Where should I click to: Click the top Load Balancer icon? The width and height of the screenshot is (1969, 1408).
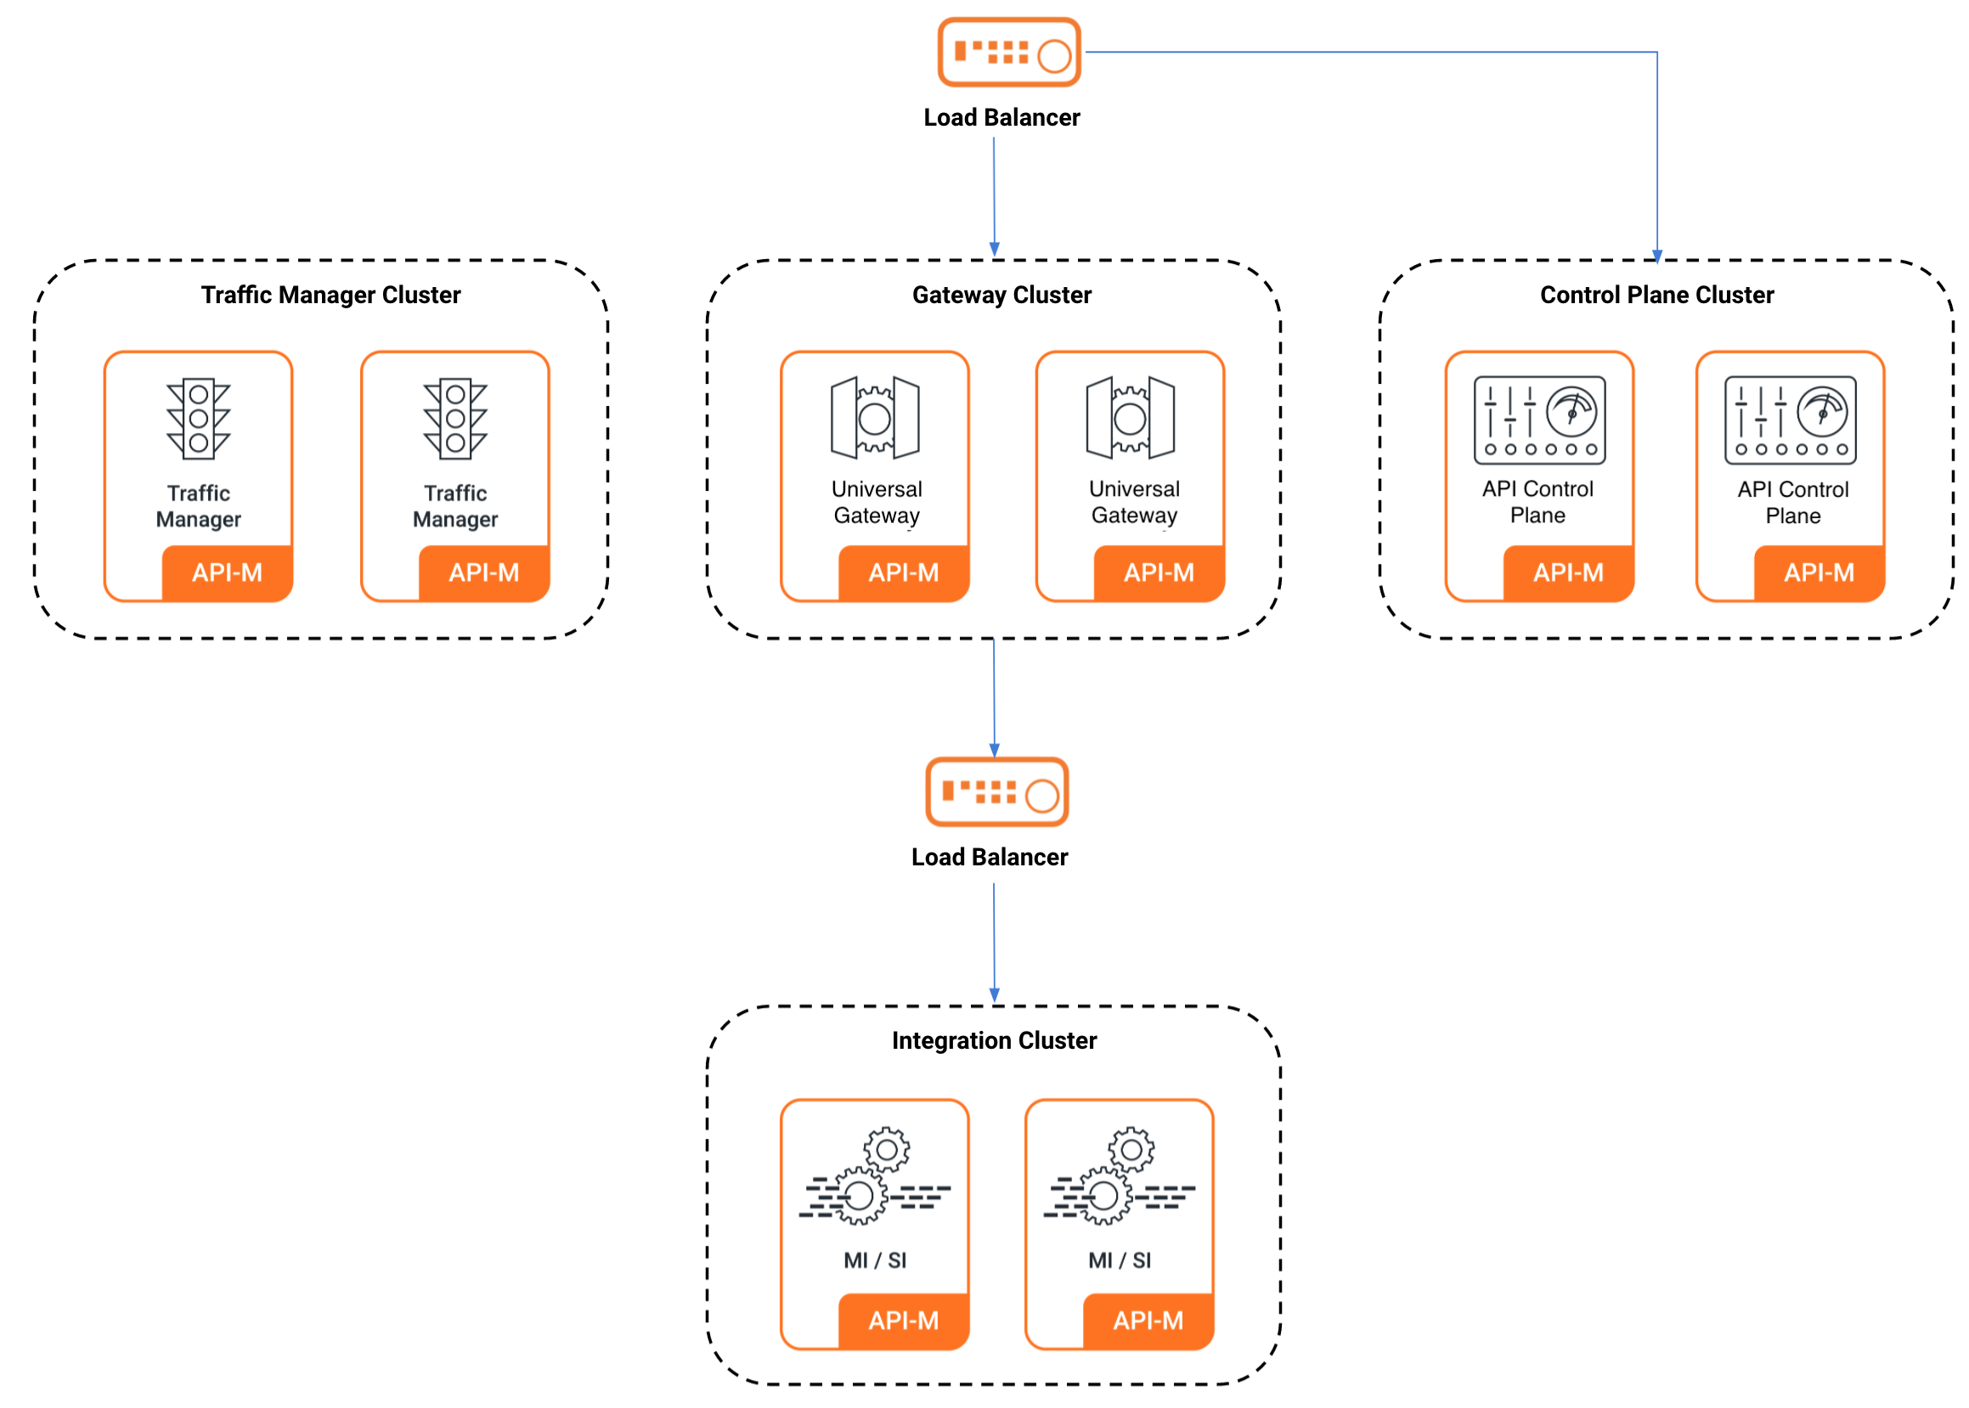tap(1008, 52)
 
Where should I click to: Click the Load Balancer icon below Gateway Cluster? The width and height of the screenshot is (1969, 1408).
tap(996, 791)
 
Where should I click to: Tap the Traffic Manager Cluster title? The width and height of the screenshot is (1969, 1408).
tap(330, 295)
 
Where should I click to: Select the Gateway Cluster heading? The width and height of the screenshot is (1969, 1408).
tap(1001, 295)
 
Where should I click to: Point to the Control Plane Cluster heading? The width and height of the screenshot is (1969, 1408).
tap(1656, 295)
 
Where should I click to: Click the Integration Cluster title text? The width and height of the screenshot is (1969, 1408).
tap(994, 1039)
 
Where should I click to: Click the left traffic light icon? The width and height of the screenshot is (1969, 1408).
tap(199, 418)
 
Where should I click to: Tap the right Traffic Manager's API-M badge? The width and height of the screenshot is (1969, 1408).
tap(484, 572)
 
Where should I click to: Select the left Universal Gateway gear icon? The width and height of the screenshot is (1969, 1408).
tap(874, 418)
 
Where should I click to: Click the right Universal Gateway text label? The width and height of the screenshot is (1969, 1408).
tap(1133, 502)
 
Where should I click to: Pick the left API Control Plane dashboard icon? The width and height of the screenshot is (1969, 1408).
tap(1539, 420)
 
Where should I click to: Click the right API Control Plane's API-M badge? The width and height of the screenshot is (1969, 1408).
tap(1818, 572)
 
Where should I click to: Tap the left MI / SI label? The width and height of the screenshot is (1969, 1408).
tap(875, 1259)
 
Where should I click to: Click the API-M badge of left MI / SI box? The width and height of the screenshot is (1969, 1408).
tap(904, 1320)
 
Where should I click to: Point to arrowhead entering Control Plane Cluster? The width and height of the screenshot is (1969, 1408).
tap(1657, 256)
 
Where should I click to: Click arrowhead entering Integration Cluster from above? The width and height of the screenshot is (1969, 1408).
tap(995, 995)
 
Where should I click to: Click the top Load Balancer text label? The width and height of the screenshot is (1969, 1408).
tap(1001, 117)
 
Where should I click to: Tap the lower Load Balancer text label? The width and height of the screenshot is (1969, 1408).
tap(990, 857)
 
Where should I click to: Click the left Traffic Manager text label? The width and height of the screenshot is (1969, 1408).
tap(199, 506)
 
